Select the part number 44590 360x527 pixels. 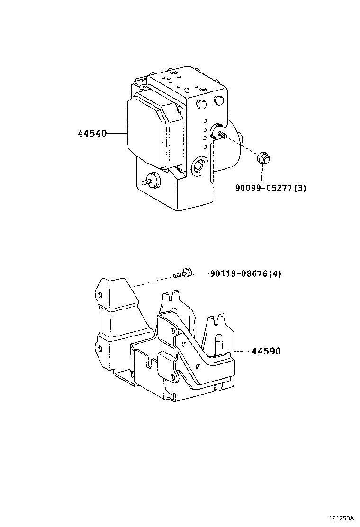tap(266, 351)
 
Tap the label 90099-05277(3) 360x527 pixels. tap(270, 188)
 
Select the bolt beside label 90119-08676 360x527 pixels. tap(183, 273)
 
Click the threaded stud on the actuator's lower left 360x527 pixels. tap(151, 181)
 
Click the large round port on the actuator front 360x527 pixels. tap(198, 167)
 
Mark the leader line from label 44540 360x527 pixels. tap(117, 134)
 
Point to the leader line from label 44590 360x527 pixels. tap(243, 351)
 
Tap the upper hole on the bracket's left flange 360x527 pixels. tap(100, 294)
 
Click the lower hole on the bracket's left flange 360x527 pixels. tap(99, 348)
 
